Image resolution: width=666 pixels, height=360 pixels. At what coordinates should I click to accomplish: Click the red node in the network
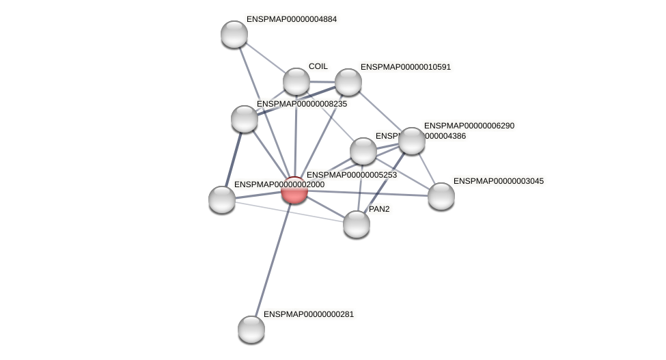[x=294, y=190]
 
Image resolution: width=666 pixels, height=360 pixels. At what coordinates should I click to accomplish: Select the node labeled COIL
[x=296, y=81]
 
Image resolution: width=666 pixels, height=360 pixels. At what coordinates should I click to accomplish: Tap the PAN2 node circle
[x=356, y=224]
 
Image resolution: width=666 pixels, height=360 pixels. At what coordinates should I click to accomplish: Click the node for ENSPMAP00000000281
[x=251, y=329]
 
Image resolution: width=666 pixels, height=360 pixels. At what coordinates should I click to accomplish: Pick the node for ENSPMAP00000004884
[x=234, y=34]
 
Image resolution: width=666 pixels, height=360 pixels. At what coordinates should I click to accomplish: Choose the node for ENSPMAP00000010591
[x=348, y=82]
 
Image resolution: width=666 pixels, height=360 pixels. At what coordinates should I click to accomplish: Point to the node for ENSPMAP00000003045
[x=441, y=196]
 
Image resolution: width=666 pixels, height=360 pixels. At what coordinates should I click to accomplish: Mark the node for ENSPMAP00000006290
[x=411, y=141]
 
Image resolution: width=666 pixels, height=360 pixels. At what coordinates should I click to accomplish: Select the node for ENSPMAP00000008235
[x=244, y=119]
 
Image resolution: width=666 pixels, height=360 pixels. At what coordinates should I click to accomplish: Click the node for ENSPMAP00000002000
[x=222, y=199]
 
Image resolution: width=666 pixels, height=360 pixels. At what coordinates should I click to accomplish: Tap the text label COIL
[x=318, y=66]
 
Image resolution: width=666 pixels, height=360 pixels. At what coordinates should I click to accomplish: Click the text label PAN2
[x=379, y=209]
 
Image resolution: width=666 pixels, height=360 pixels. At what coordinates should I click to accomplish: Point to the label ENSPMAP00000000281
[x=309, y=314]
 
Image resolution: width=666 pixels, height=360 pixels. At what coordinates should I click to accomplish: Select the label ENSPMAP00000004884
[x=292, y=19]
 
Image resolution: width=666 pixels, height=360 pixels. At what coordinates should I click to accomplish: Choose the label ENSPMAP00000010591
[x=406, y=67]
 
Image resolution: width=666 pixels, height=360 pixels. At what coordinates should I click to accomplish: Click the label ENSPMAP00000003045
[x=499, y=181]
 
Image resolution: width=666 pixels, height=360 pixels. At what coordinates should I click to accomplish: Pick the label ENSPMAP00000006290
[x=469, y=126]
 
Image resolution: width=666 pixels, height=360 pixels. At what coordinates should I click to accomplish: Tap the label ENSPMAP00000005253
[x=351, y=175]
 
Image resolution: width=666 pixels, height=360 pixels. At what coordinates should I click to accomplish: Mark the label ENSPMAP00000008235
[x=301, y=104]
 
